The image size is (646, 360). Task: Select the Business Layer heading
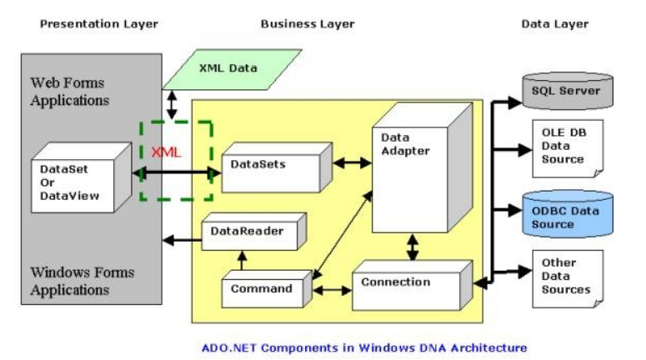pos(307,23)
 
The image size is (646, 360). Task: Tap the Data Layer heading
pos(554,23)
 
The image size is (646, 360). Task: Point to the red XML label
pos(166,152)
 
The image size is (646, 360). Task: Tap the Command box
pos(262,289)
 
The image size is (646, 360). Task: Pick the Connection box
pos(404,283)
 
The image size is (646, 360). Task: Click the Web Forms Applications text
pos(70,92)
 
